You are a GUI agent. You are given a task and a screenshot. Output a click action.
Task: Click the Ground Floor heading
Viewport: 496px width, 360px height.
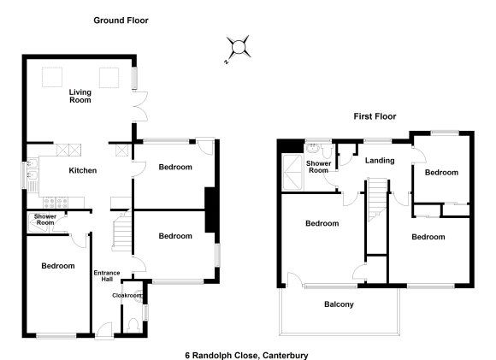point(121,21)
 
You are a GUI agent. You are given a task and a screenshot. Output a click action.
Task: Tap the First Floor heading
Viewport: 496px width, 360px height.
point(375,116)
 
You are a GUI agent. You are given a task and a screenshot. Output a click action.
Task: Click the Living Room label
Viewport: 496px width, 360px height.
point(80,96)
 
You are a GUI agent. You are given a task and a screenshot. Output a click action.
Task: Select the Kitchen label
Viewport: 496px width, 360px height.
point(83,170)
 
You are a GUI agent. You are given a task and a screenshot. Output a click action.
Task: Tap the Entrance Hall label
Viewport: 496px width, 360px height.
point(107,276)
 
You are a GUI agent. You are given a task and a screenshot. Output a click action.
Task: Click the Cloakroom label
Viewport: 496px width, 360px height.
point(127,296)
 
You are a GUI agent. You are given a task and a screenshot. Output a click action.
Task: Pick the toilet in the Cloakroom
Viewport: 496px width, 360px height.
point(133,325)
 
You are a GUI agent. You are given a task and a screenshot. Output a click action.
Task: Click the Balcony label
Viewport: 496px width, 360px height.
point(339,304)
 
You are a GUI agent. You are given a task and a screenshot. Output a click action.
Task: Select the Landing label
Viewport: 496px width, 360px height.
point(380,161)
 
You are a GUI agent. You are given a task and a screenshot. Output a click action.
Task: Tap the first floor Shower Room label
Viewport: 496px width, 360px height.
point(318,167)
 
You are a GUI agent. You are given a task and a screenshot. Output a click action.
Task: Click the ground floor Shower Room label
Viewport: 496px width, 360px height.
point(45,220)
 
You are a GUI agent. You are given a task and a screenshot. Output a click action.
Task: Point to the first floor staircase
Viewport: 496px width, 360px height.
point(377,199)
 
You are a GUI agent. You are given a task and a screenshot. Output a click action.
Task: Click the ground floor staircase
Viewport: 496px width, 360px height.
point(121,231)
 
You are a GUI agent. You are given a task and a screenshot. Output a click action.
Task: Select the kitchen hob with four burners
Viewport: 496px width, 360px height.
point(56,202)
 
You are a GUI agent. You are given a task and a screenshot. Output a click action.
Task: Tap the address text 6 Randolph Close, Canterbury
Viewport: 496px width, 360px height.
point(246,355)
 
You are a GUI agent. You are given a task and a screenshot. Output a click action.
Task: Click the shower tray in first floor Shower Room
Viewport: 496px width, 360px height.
point(292,173)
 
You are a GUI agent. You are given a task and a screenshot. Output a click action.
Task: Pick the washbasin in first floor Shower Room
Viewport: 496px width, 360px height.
point(313,148)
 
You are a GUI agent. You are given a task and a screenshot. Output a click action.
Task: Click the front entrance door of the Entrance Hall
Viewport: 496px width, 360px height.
point(104,331)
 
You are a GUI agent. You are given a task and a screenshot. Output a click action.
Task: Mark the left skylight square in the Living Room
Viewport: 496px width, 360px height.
point(52,77)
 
